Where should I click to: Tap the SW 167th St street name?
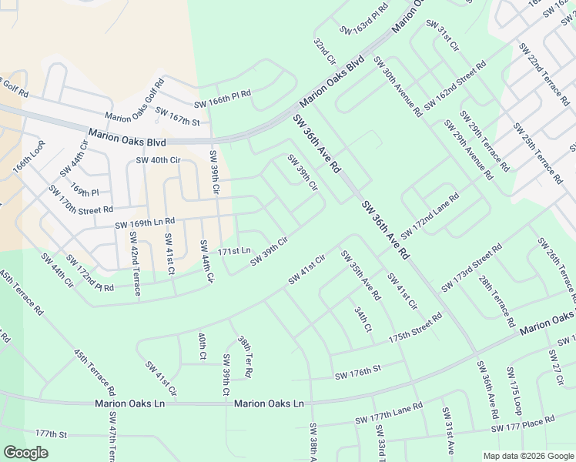[x=177, y=116]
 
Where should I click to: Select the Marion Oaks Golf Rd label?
[x=135, y=100]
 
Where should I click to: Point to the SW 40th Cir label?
[x=157, y=160]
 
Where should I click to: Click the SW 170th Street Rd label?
[x=80, y=199]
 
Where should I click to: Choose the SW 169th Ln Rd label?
[x=146, y=224]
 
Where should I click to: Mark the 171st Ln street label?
[x=234, y=251]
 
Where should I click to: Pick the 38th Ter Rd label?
[x=244, y=356]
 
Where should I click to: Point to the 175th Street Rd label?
[x=415, y=327]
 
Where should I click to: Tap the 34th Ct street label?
[x=363, y=319]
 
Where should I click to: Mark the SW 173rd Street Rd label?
[x=472, y=268]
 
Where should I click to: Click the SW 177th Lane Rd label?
[x=389, y=416]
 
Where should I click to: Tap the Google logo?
[x=26, y=453]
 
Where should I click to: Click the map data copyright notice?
[x=527, y=456]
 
